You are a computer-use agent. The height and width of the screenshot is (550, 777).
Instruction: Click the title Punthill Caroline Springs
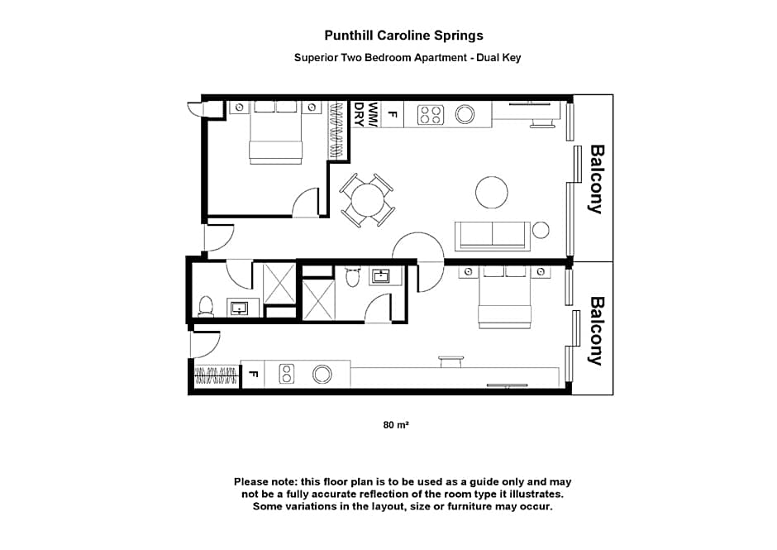click(x=403, y=36)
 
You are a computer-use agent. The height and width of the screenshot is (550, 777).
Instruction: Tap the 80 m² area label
click(x=397, y=425)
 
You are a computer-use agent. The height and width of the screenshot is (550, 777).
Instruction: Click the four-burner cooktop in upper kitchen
click(x=430, y=114)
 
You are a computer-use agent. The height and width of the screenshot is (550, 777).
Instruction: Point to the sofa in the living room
click(x=493, y=236)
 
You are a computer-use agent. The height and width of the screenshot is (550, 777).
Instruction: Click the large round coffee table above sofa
click(x=492, y=193)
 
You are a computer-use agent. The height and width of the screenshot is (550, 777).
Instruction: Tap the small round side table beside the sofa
click(x=541, y=230)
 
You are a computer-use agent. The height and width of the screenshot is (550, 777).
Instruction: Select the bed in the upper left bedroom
click(x=276, y=132)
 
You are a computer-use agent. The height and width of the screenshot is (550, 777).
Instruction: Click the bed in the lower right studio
click(x=503, y=298)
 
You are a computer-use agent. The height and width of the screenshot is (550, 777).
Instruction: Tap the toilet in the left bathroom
click(x=207, y=306)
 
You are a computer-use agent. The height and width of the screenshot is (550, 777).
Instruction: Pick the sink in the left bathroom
click(x=239, y=308)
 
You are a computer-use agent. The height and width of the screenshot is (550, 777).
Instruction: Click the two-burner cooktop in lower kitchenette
click(x=287, y=374)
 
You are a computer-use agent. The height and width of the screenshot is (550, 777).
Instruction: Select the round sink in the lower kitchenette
click(x=322, y=374)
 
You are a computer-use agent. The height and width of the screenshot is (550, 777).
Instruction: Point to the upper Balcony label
click(x=595, y=179)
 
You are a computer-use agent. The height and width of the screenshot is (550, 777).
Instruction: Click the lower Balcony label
click(x=595, y=331)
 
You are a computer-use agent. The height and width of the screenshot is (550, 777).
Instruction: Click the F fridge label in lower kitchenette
click(x=254, y=375)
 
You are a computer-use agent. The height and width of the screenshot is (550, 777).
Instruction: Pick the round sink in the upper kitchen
click(x=465, y=114)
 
